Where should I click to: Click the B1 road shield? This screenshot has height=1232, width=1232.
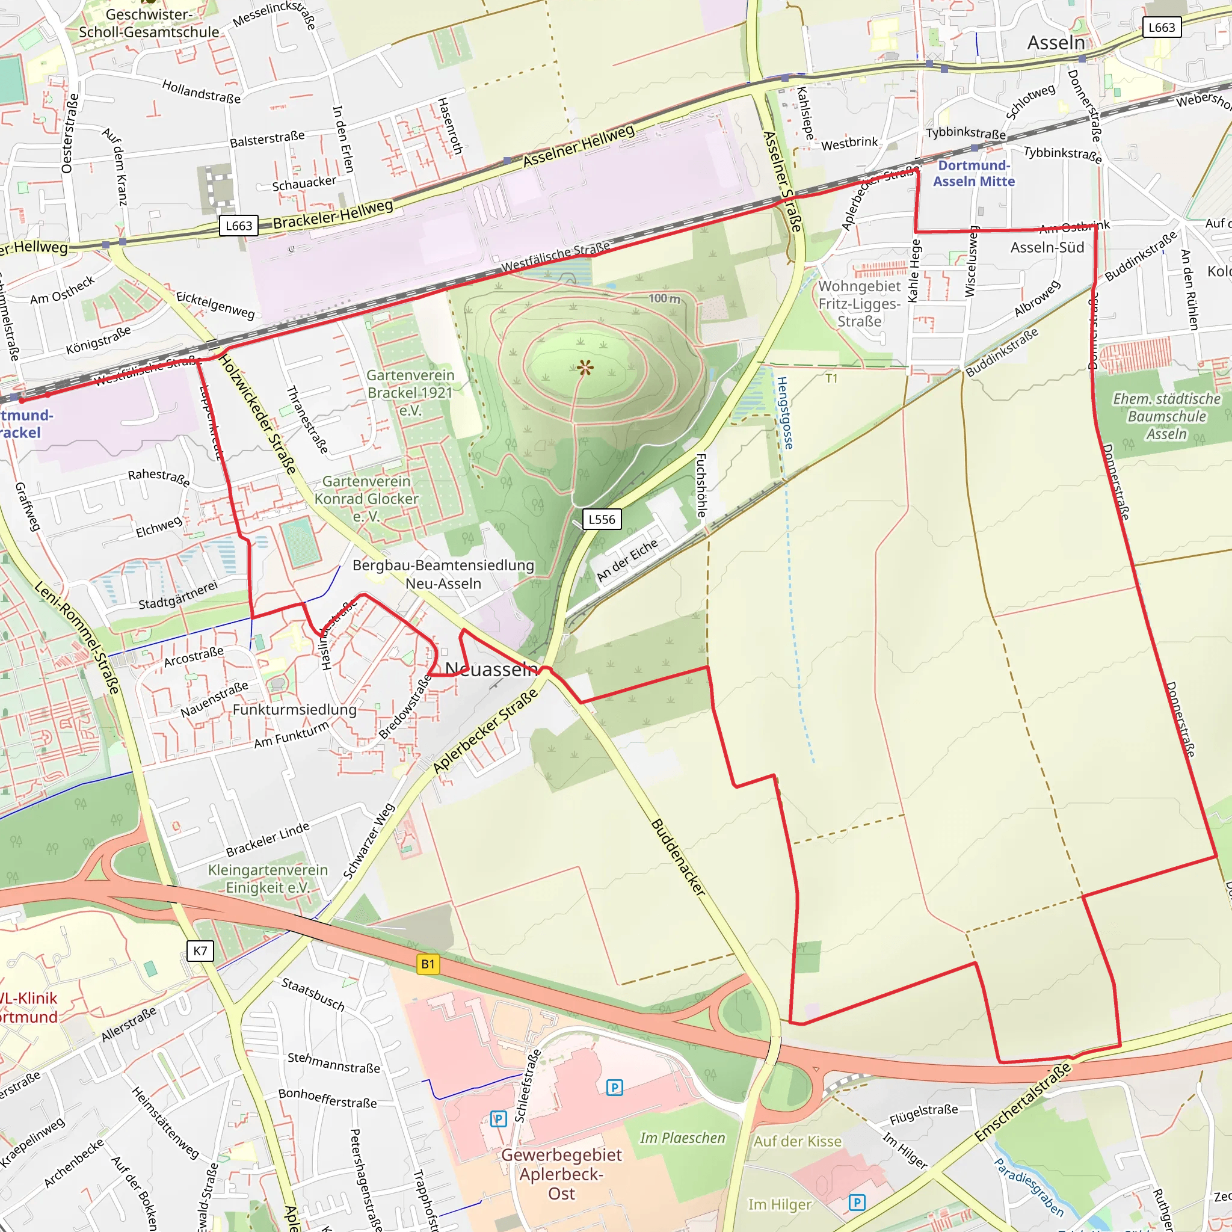[428, 964]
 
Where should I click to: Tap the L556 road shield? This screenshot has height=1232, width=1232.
[602, 519]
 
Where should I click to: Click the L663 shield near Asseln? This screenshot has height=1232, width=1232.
[1161, 28]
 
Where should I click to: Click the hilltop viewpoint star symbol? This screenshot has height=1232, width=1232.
[585, 368]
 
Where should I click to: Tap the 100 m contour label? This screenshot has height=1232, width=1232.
[665, 298]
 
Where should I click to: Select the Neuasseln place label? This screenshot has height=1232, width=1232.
[491, 669]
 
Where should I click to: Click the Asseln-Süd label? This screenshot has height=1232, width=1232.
[1047, 247]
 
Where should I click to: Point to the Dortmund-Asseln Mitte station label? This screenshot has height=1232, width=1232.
[974, 173]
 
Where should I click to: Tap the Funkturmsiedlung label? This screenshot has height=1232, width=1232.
[294, 710]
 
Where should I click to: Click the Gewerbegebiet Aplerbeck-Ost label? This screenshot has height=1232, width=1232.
[561, 1174]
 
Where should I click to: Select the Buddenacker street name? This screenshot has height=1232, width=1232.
[678, 857]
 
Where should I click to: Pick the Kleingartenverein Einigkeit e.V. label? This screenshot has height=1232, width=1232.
[268, 879]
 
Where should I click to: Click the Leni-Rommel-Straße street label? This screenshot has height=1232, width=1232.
[76, 637]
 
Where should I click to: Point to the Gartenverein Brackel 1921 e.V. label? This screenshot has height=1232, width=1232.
[410, 392]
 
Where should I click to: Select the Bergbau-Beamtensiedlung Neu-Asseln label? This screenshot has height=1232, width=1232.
[443, 574]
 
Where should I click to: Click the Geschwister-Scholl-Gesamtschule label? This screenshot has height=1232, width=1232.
[149, 23]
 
